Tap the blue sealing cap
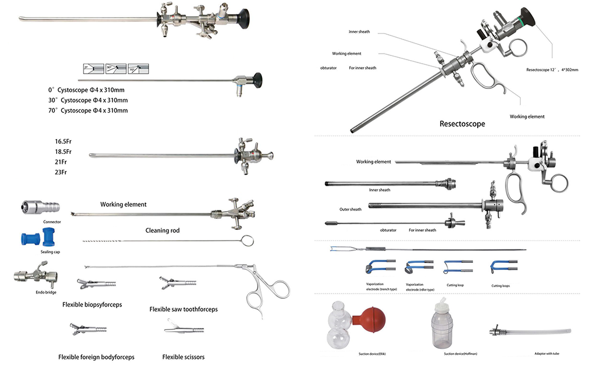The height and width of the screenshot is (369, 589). click(39, 239)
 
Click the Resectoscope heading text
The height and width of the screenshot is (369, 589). click(462, 124)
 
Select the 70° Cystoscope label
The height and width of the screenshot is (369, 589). click(88, 110)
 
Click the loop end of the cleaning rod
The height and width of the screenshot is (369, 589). click(247, 240)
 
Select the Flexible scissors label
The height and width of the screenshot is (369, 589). click(183, 357)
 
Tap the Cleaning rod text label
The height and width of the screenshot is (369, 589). click(163, 230)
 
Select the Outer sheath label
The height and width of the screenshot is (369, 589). click(350, 209)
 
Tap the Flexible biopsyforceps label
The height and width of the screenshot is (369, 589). click(92, 305)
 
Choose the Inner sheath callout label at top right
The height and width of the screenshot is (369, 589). click(359, 31)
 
